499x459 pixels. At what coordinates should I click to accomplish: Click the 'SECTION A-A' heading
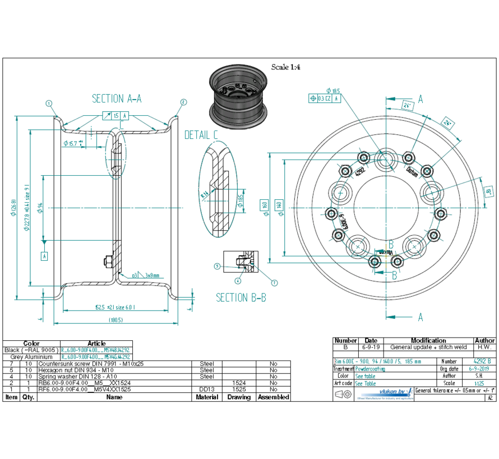point(117,99)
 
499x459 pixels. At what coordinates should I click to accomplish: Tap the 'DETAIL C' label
point(201,135)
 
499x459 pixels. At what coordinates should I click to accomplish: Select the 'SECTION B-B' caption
point(241,298)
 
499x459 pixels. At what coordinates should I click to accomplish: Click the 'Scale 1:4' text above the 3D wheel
point(286,67)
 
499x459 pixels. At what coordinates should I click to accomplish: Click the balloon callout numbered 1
point(49,103)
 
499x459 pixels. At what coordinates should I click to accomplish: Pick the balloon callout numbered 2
point(183,102)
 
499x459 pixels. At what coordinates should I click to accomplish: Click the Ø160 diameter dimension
point(265,208)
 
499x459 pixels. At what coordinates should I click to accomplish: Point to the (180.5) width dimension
point(116,320)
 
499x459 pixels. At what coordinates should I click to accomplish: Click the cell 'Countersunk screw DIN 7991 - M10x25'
point(91,363)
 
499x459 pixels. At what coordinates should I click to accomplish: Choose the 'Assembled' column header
point(273,397)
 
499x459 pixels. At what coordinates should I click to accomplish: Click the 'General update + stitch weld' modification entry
point(428,347)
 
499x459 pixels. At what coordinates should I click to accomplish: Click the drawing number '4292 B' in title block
point(482,362)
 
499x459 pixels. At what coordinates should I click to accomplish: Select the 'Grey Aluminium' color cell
point(31,357)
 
